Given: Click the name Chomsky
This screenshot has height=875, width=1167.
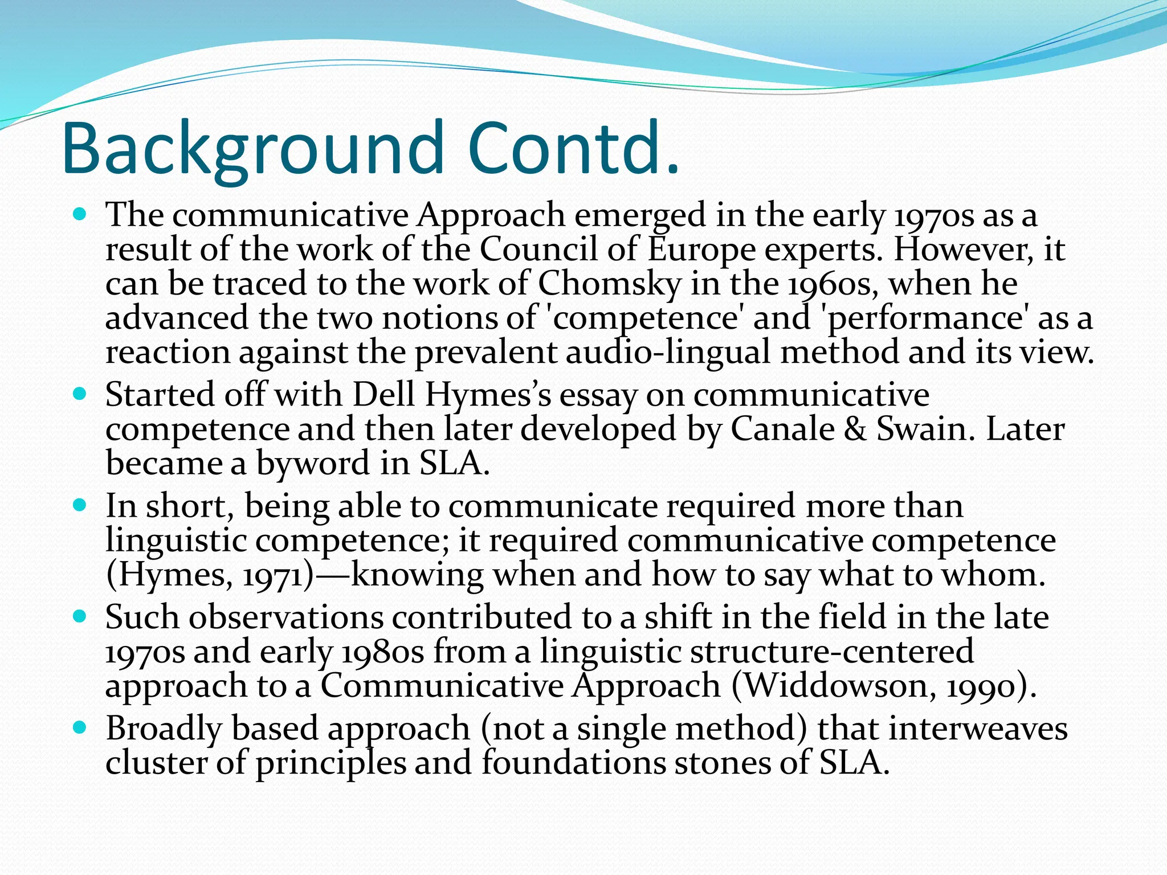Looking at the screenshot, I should [609, 284].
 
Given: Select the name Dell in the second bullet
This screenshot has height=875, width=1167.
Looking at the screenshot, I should [383, 395].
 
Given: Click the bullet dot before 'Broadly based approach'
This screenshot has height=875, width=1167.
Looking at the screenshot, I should [80, 727].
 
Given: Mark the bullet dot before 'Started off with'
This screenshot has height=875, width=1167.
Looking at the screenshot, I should [80, 394].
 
